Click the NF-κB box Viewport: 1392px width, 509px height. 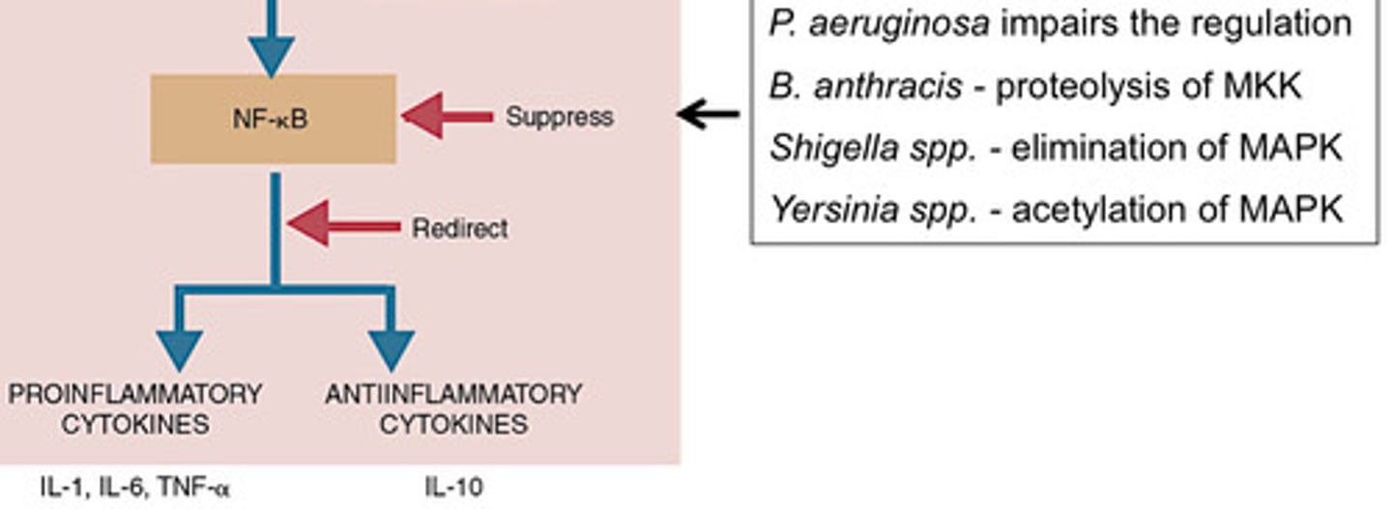[273, 119]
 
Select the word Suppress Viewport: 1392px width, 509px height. [559, 118]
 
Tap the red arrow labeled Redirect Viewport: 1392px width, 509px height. [343, 227]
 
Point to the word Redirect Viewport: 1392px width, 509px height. [459, 229]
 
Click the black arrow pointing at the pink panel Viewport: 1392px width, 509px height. [709, 114]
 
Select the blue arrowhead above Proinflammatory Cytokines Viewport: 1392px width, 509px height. [179, 349]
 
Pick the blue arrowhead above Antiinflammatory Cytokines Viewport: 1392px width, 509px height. [391, 349]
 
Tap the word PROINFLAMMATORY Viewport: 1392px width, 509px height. [135, 395]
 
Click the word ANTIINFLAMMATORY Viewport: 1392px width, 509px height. [453, 395]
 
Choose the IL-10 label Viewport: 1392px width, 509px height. [452, 488]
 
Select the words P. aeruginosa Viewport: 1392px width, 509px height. [879, 24]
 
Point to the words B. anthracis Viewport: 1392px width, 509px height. [865, 87]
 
